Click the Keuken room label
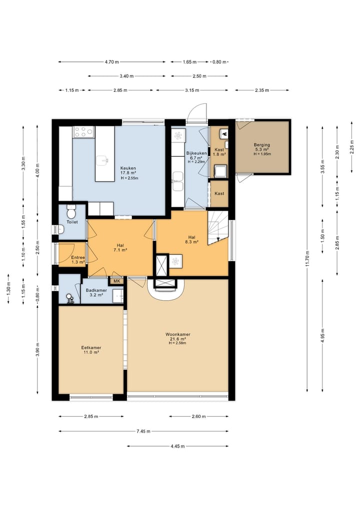128,168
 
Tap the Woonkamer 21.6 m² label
177,337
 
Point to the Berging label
261,145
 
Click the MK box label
117,281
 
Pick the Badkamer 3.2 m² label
96,293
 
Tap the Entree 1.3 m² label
78,260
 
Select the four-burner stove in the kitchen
83,131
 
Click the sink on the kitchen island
103,159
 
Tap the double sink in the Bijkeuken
178,181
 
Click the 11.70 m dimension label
307,259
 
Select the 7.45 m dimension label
143,431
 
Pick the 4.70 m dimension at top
111,62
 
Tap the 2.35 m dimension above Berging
261,90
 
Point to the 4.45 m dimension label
177,446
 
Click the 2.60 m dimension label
198,416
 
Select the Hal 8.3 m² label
191,239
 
